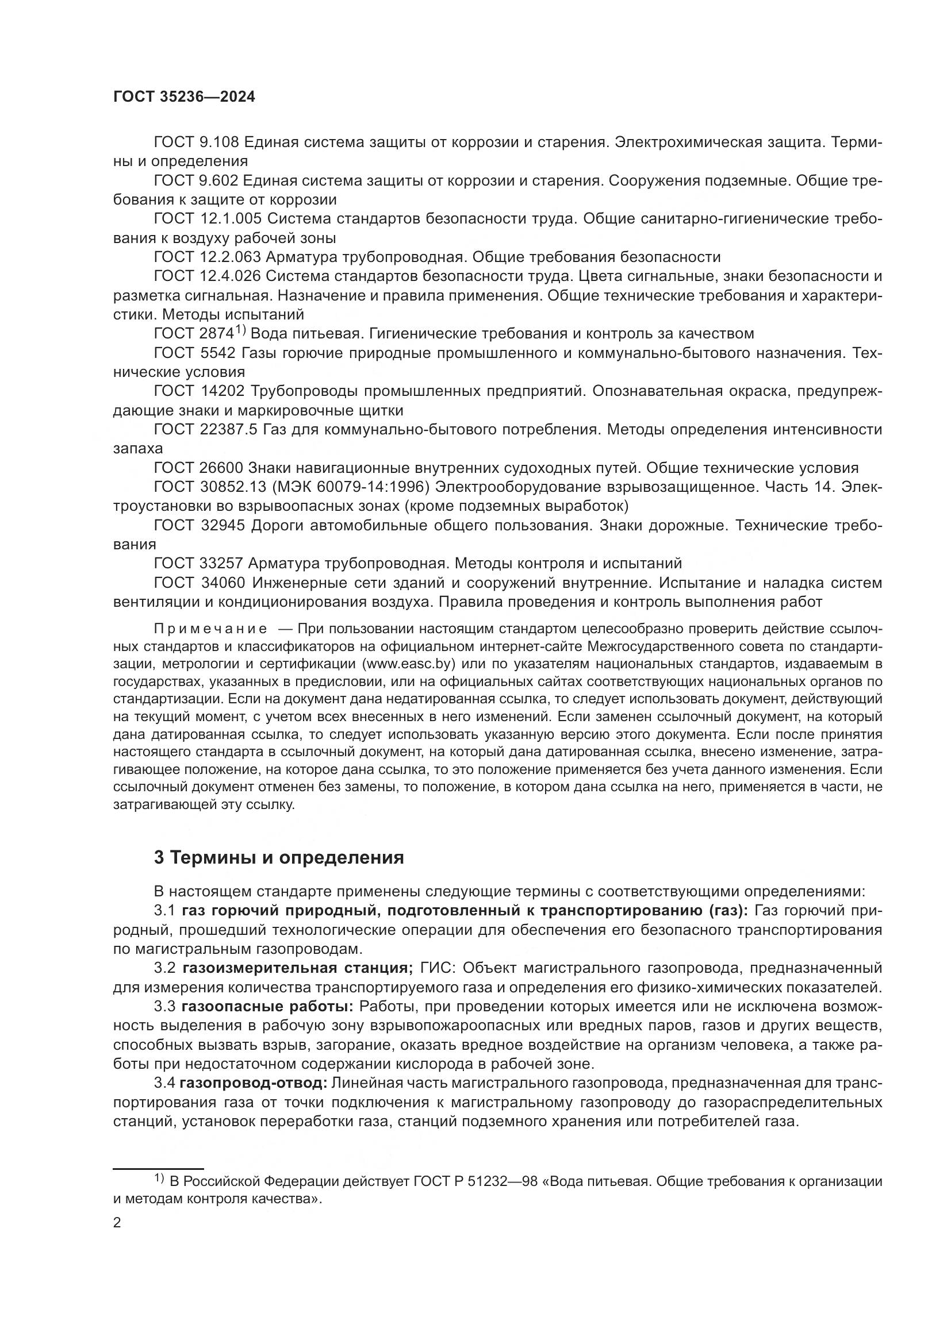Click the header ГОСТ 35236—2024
[184, 97]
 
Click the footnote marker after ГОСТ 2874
[241, 330]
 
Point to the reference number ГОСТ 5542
[194, 353]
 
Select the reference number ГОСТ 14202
[198, 391]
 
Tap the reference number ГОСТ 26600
[198, 468]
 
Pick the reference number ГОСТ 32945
[198, 525]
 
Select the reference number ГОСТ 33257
[198, 563]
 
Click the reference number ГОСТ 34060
[198, 583]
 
